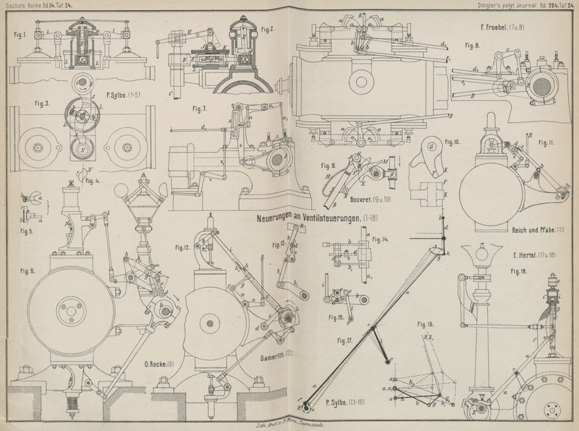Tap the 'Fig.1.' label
pyautogui.click(x=20, y=34)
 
